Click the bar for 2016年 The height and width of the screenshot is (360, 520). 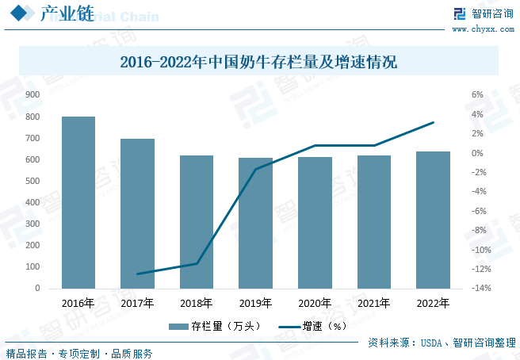(x=78, y=202)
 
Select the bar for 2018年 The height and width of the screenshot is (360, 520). (x=197, y=221)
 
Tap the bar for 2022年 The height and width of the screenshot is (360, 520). (x=433, y=220)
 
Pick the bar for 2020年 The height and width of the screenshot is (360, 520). (x=315, y=222)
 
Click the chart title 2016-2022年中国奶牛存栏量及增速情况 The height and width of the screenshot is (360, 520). (x=258, y=62)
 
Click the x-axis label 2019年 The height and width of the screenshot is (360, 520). (x=255, y=303)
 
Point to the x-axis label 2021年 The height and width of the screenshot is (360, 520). (x=373, y=303)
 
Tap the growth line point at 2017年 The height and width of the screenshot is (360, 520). (x=138, y=274)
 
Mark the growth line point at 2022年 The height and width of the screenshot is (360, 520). (x=433, y=122)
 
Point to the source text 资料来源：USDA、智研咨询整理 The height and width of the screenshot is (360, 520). (x=442, y=343)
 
